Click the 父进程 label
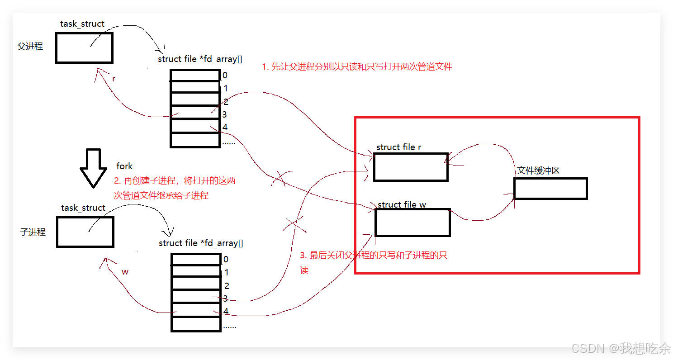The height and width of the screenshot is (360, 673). [30, 47]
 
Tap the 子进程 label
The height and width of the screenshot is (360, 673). [33, 232]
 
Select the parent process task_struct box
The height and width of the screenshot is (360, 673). [84, 47]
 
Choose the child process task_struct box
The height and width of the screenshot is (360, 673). [85, 232]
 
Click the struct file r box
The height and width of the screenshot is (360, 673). [411, 167]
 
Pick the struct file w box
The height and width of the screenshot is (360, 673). [412, 222]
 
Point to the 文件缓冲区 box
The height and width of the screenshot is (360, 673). [550, 189]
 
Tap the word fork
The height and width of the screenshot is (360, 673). [124, 166]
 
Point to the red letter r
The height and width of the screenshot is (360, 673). [114, 78]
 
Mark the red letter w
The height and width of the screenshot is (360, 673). [125, 272]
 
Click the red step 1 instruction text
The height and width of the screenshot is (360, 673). [357, 67]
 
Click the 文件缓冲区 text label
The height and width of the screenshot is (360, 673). [538, 171]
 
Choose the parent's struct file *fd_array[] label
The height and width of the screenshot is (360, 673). [200, 59]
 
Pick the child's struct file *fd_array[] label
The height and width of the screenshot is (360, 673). [201, 243]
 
